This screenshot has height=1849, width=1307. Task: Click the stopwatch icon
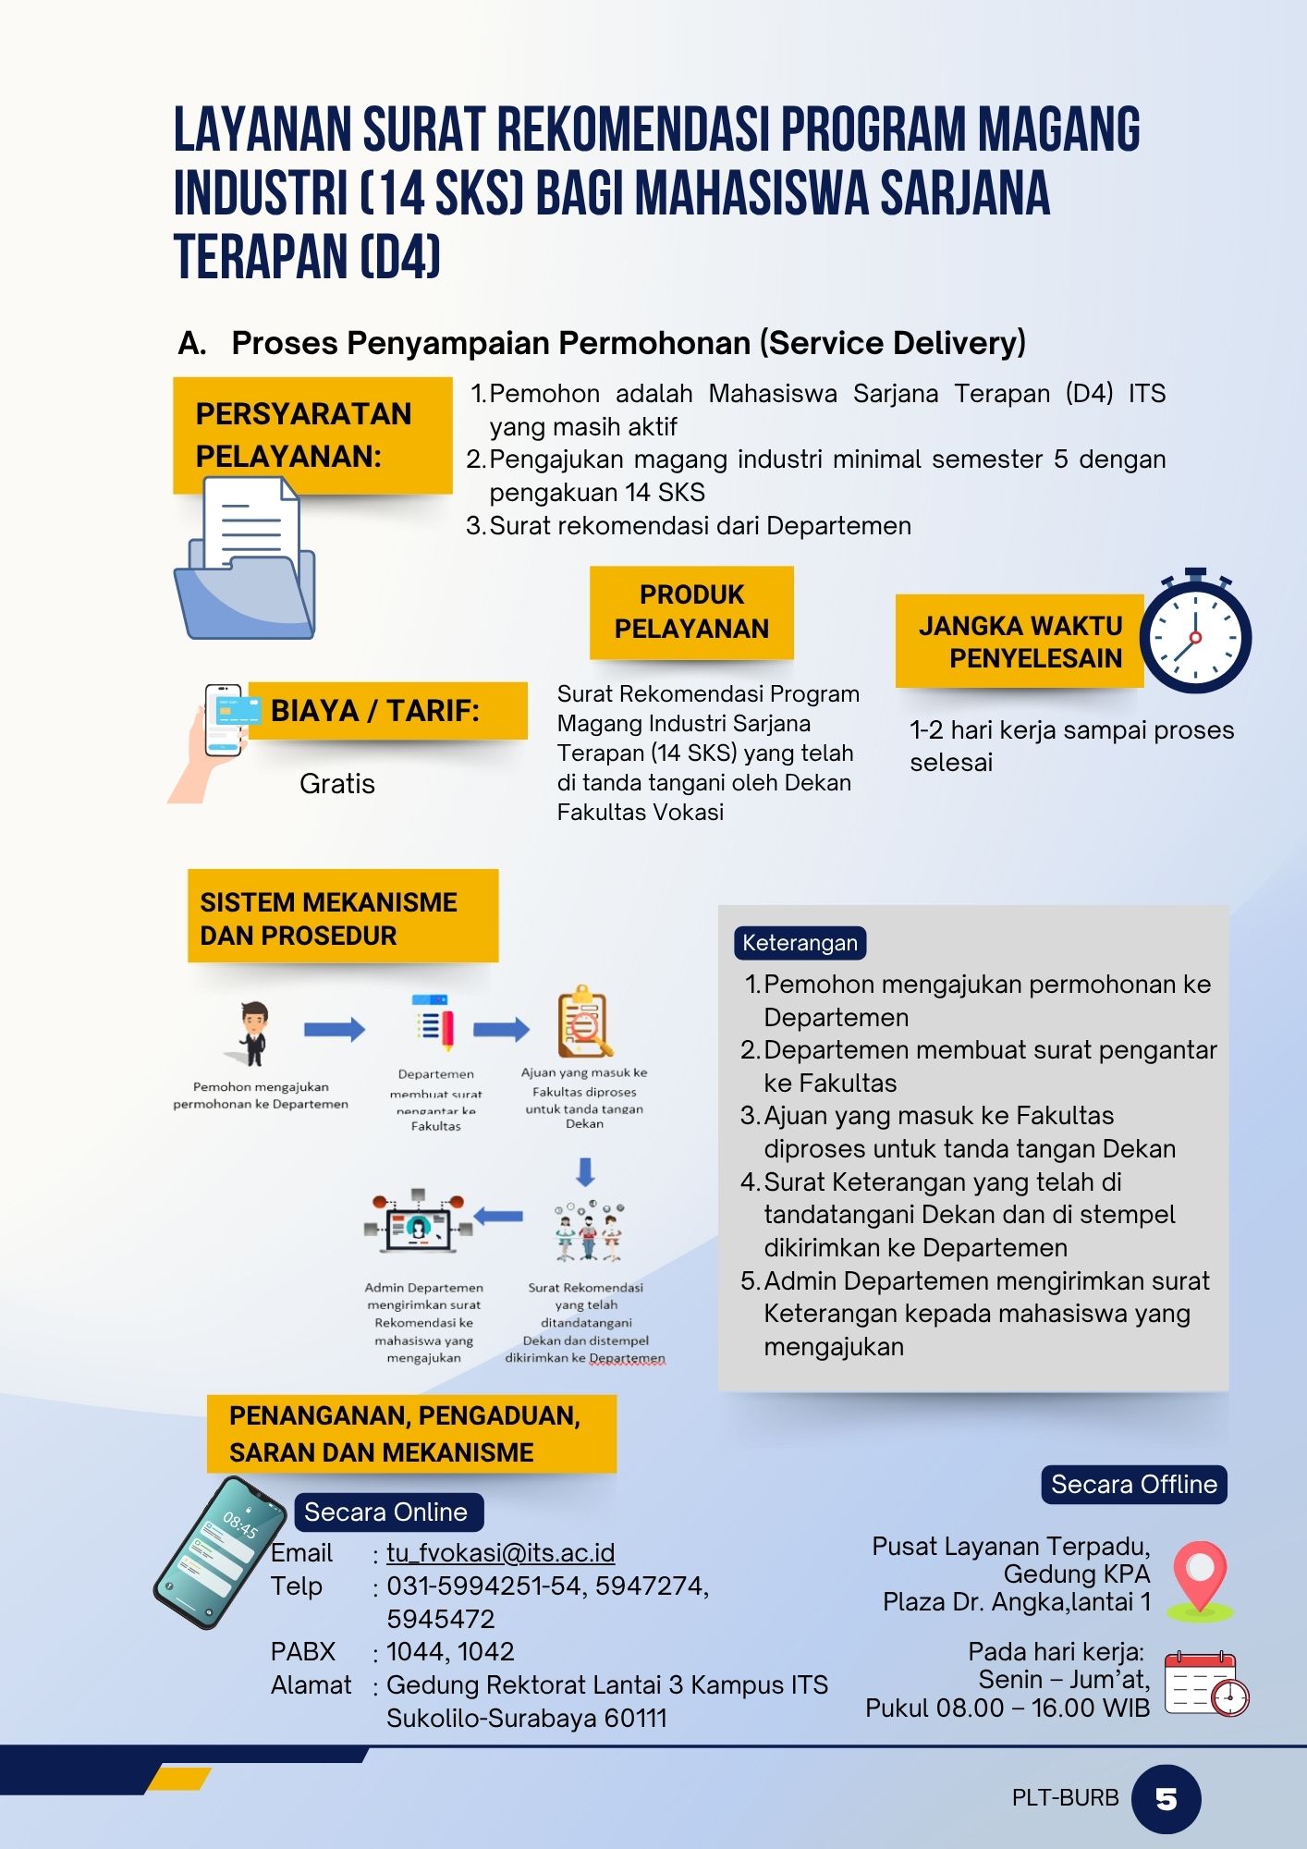point(1195,633)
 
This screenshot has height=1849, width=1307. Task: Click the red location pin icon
point(1199,1579)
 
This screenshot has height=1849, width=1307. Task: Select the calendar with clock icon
point(1205,1684)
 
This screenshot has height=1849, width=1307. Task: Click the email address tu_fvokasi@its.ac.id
point(500,1553)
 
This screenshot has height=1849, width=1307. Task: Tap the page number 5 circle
point(1166,1799)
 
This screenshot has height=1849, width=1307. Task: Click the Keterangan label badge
point(800,943)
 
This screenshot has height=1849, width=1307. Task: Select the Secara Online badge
point(386,1512)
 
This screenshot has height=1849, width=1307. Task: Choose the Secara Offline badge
point(1133,1485)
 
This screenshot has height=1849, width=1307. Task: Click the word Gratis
point(337,784)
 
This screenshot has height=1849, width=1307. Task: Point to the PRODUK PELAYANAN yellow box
point(691,612)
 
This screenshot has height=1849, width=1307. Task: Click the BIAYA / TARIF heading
point(375,711)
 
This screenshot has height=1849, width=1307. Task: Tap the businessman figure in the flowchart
point(252,1034)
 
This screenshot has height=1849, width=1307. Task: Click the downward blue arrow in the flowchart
point(585,1171)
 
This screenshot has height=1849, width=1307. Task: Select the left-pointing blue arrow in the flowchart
point(499,1217)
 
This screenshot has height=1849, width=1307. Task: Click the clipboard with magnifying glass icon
point(583,1022)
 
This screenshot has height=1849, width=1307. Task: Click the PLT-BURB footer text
point(1065,1798)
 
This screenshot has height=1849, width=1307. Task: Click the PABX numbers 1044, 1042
point(450,1652)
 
